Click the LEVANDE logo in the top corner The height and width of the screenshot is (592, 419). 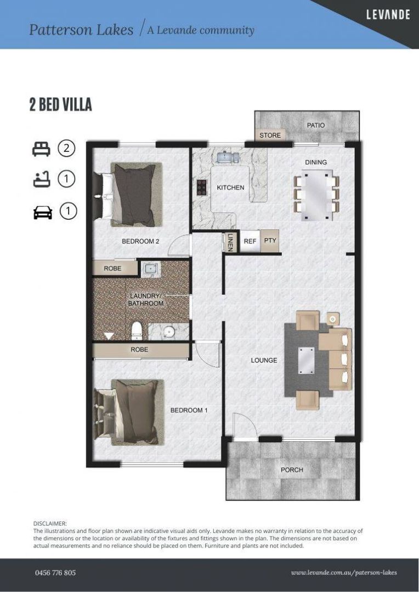tap(388, 15)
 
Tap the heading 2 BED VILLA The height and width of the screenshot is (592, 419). tap(60, 105)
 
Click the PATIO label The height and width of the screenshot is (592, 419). tap(315, 126)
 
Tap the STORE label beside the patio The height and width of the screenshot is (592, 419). tap(270, 135)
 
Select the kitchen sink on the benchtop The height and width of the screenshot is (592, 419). tap(227, 158)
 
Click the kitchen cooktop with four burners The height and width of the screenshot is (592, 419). tap(201, 188)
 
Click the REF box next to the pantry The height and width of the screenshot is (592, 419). tap(250, 241)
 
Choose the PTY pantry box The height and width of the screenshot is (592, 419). tap(270, 241)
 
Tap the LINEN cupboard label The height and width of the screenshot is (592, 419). tap(230, 242)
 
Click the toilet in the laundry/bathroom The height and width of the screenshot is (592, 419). tap(138, 331)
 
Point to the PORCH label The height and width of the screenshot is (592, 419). tap(292, 470)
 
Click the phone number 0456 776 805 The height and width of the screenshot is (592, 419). tap(55, 573)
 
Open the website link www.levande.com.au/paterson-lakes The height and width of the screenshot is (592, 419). tap(344, 573)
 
